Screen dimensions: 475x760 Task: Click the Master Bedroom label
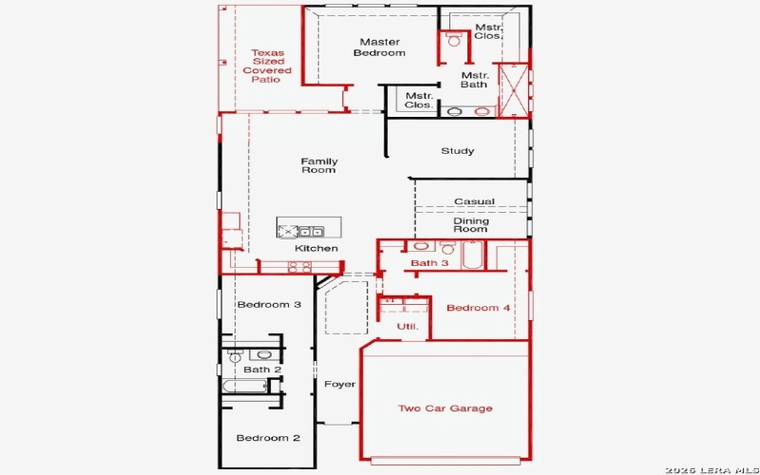click(379, 47)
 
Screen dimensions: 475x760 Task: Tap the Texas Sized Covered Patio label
click(267, 66)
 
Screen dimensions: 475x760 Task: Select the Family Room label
click(319, 165)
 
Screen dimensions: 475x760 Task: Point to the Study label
click(457, 151)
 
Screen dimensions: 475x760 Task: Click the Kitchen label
click(316, 249)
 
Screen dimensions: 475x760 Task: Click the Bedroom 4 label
click(479, 308)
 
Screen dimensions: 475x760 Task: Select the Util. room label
click(407, 327)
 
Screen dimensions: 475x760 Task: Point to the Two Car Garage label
click(445, 408)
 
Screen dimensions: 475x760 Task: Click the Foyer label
click(339, 385)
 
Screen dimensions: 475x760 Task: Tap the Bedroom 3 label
click(269, 305)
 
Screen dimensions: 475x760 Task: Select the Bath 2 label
click(262, 370)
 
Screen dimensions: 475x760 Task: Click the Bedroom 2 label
click(268, 438)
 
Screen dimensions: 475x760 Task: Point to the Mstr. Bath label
click(474, 80)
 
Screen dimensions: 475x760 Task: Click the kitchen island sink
click(311, 231)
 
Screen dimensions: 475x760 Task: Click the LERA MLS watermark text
click(710, 467)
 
